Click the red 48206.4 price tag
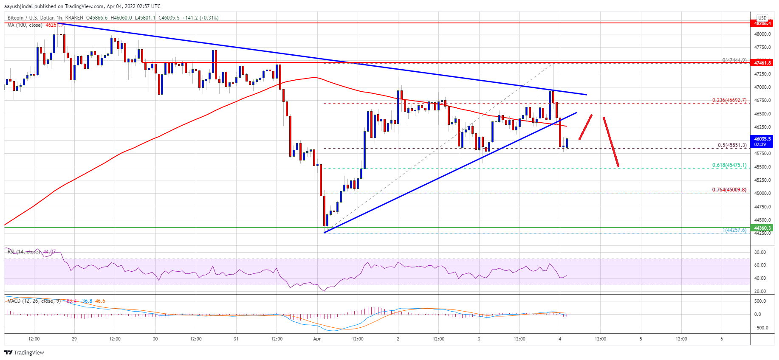[762, 23]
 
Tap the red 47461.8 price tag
[762, 63]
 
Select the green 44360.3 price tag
[762, 228]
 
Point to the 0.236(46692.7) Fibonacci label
[729, 101]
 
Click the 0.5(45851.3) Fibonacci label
[732, 145]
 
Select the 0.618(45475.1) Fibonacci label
[729, 166]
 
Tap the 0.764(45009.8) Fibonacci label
[729, 190]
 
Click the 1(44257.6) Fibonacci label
[734, 230]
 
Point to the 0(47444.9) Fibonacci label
[734, 60]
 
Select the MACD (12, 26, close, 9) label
[34, 301]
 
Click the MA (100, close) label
[25, 25]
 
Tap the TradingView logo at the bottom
[24, 352]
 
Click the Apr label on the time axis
[317, 339]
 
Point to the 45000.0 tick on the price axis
[762, 194]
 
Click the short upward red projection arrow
[585, 127]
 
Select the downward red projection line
[611, 141]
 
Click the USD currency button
[762, 18]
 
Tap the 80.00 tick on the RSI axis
[760, 252]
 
